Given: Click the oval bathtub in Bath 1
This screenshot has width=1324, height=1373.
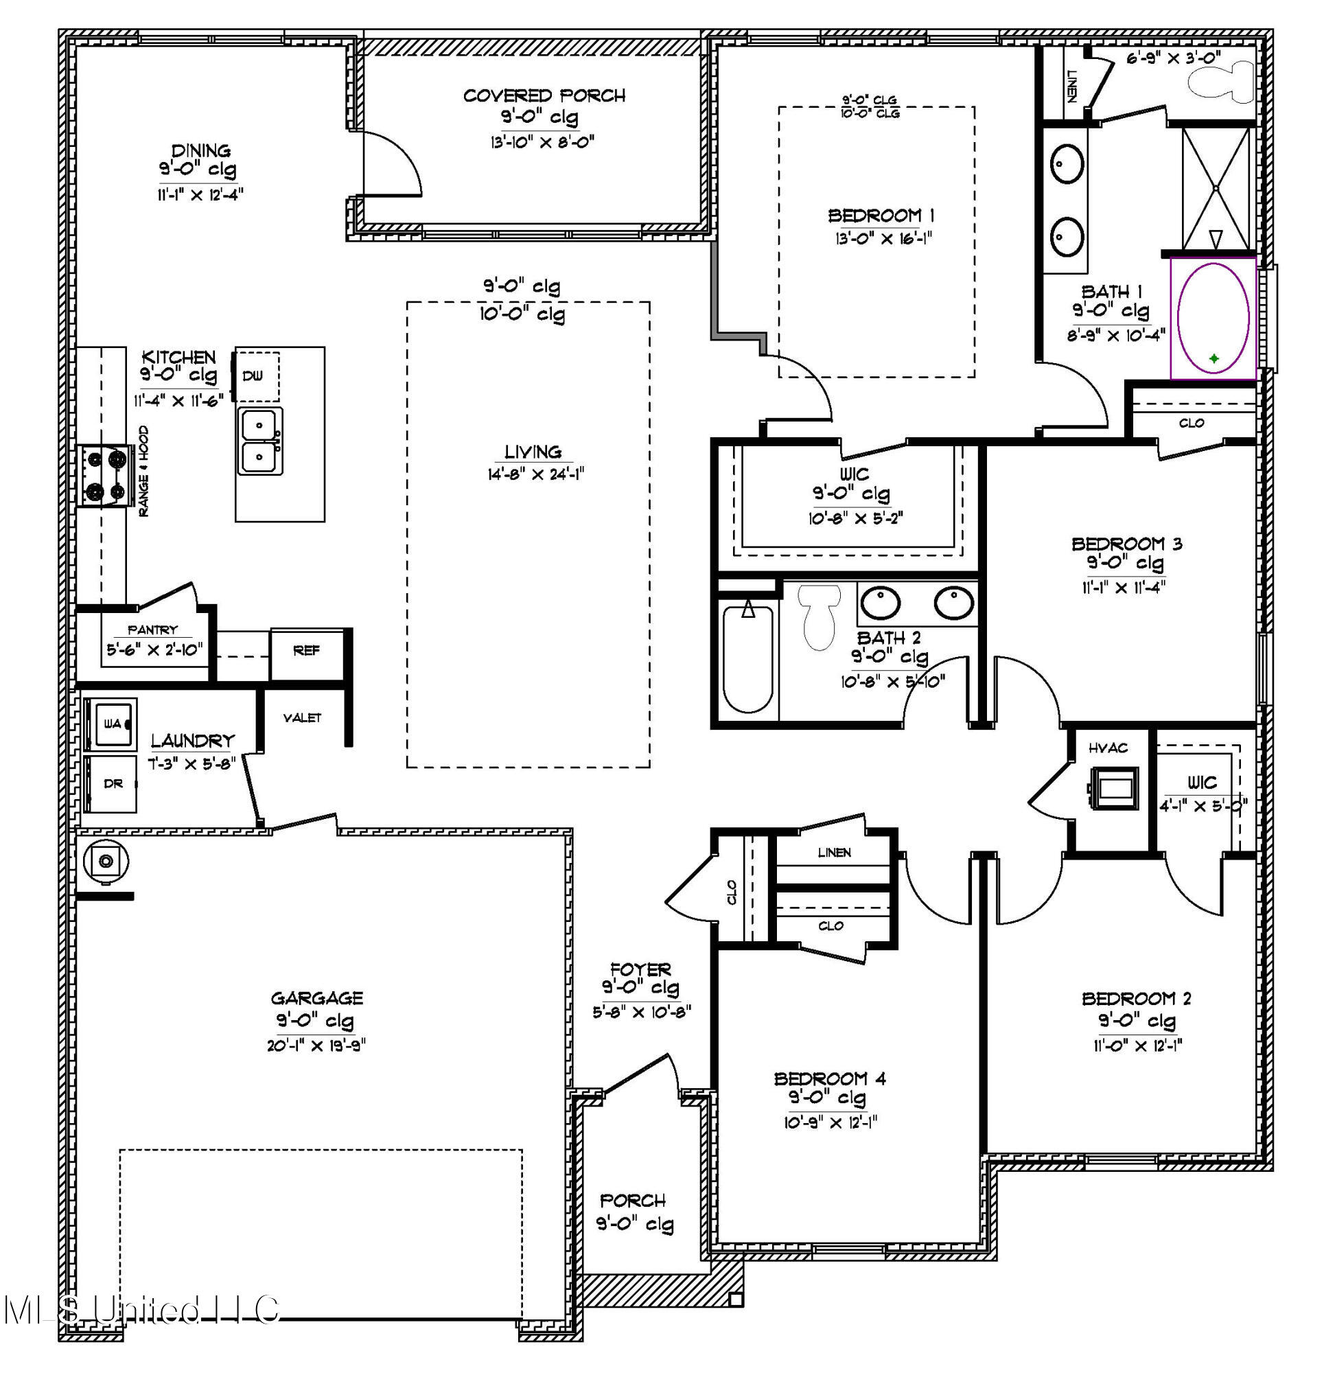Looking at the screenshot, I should pyautogui.click(x=1213, y=319).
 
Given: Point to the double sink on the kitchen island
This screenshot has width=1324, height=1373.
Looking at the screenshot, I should pyautogui.click(x=260, y=441).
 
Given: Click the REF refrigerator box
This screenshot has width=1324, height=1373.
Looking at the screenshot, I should pyautogui.click(x=307, y=651).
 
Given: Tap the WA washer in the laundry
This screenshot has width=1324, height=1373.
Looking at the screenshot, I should pyautogui.click(x=111, y=724).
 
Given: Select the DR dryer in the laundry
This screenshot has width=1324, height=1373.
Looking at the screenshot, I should pyautogui.click(x=111, y=783).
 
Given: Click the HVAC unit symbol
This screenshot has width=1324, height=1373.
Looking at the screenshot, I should pyautogui.click(x=1113, y=787).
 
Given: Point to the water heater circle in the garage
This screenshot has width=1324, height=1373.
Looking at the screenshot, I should pyautogui.click(x=106, y=860).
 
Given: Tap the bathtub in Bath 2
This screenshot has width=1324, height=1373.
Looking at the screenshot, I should pyautogui.click(x=748, y=658).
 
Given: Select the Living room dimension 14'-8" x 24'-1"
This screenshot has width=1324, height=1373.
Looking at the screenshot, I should pyautogui.click(x=536, y=474).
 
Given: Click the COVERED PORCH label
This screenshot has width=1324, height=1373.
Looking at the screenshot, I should pyautogui.click(x=544, y=96).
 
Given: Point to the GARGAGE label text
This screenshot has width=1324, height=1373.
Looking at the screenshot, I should pyautogui.click(x=316, y=997).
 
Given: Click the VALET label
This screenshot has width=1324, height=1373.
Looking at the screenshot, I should pyautogui.click(x=302, y=718).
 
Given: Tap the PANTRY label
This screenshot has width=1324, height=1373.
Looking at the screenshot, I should pyautogui.click(x=152, y=630).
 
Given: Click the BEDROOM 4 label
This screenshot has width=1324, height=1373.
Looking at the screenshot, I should pyautogui.click(x=829, y=1078).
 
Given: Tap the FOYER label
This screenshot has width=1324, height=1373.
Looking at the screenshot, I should pyautogui.click(x=640, y=969).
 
